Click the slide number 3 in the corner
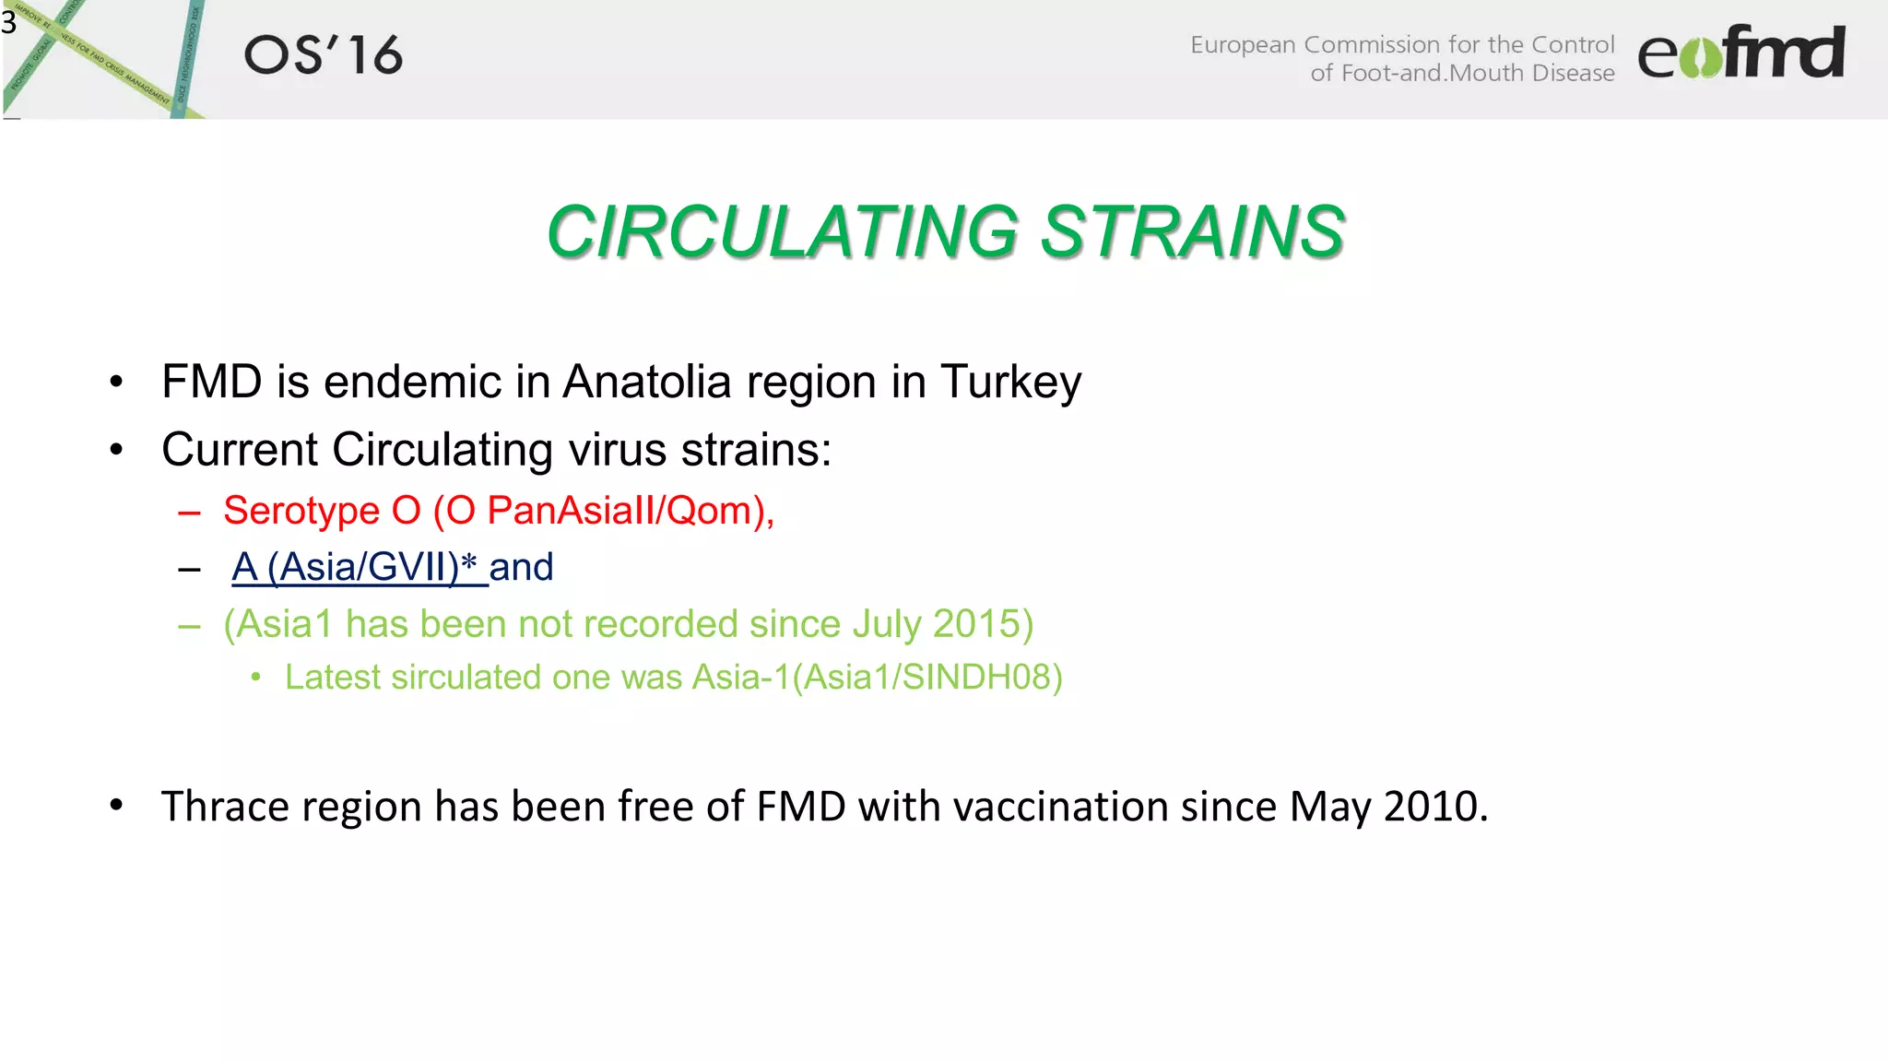coord(9,21)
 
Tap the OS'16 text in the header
coord(323,55)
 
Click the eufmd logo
coord(1740,53)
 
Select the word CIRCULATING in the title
coord(783,231)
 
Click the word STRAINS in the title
coord(1193,231)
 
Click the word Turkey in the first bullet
coord(1010,382)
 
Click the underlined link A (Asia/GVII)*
coord(356,567)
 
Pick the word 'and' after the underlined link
coord(521,567)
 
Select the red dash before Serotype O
coord(189,513)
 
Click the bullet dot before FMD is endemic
coord(116,382)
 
